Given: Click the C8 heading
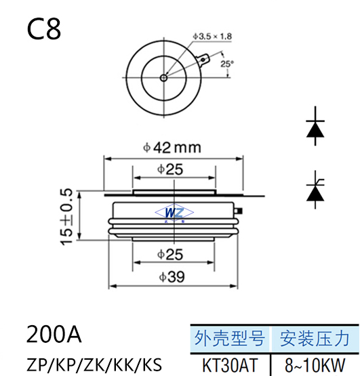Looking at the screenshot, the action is (44, 30).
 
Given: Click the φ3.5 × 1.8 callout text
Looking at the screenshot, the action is (212, 37).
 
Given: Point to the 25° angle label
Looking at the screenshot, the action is (227, 64).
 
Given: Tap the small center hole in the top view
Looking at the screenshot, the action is (163, 78).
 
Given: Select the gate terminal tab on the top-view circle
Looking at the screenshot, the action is (203, 60).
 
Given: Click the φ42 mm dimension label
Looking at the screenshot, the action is (172, 148).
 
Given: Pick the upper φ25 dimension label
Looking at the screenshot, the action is (170, 169).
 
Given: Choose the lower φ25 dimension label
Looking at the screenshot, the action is (170, 254).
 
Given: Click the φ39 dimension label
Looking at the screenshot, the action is (172, 277).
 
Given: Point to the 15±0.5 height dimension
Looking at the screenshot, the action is (66, 217).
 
